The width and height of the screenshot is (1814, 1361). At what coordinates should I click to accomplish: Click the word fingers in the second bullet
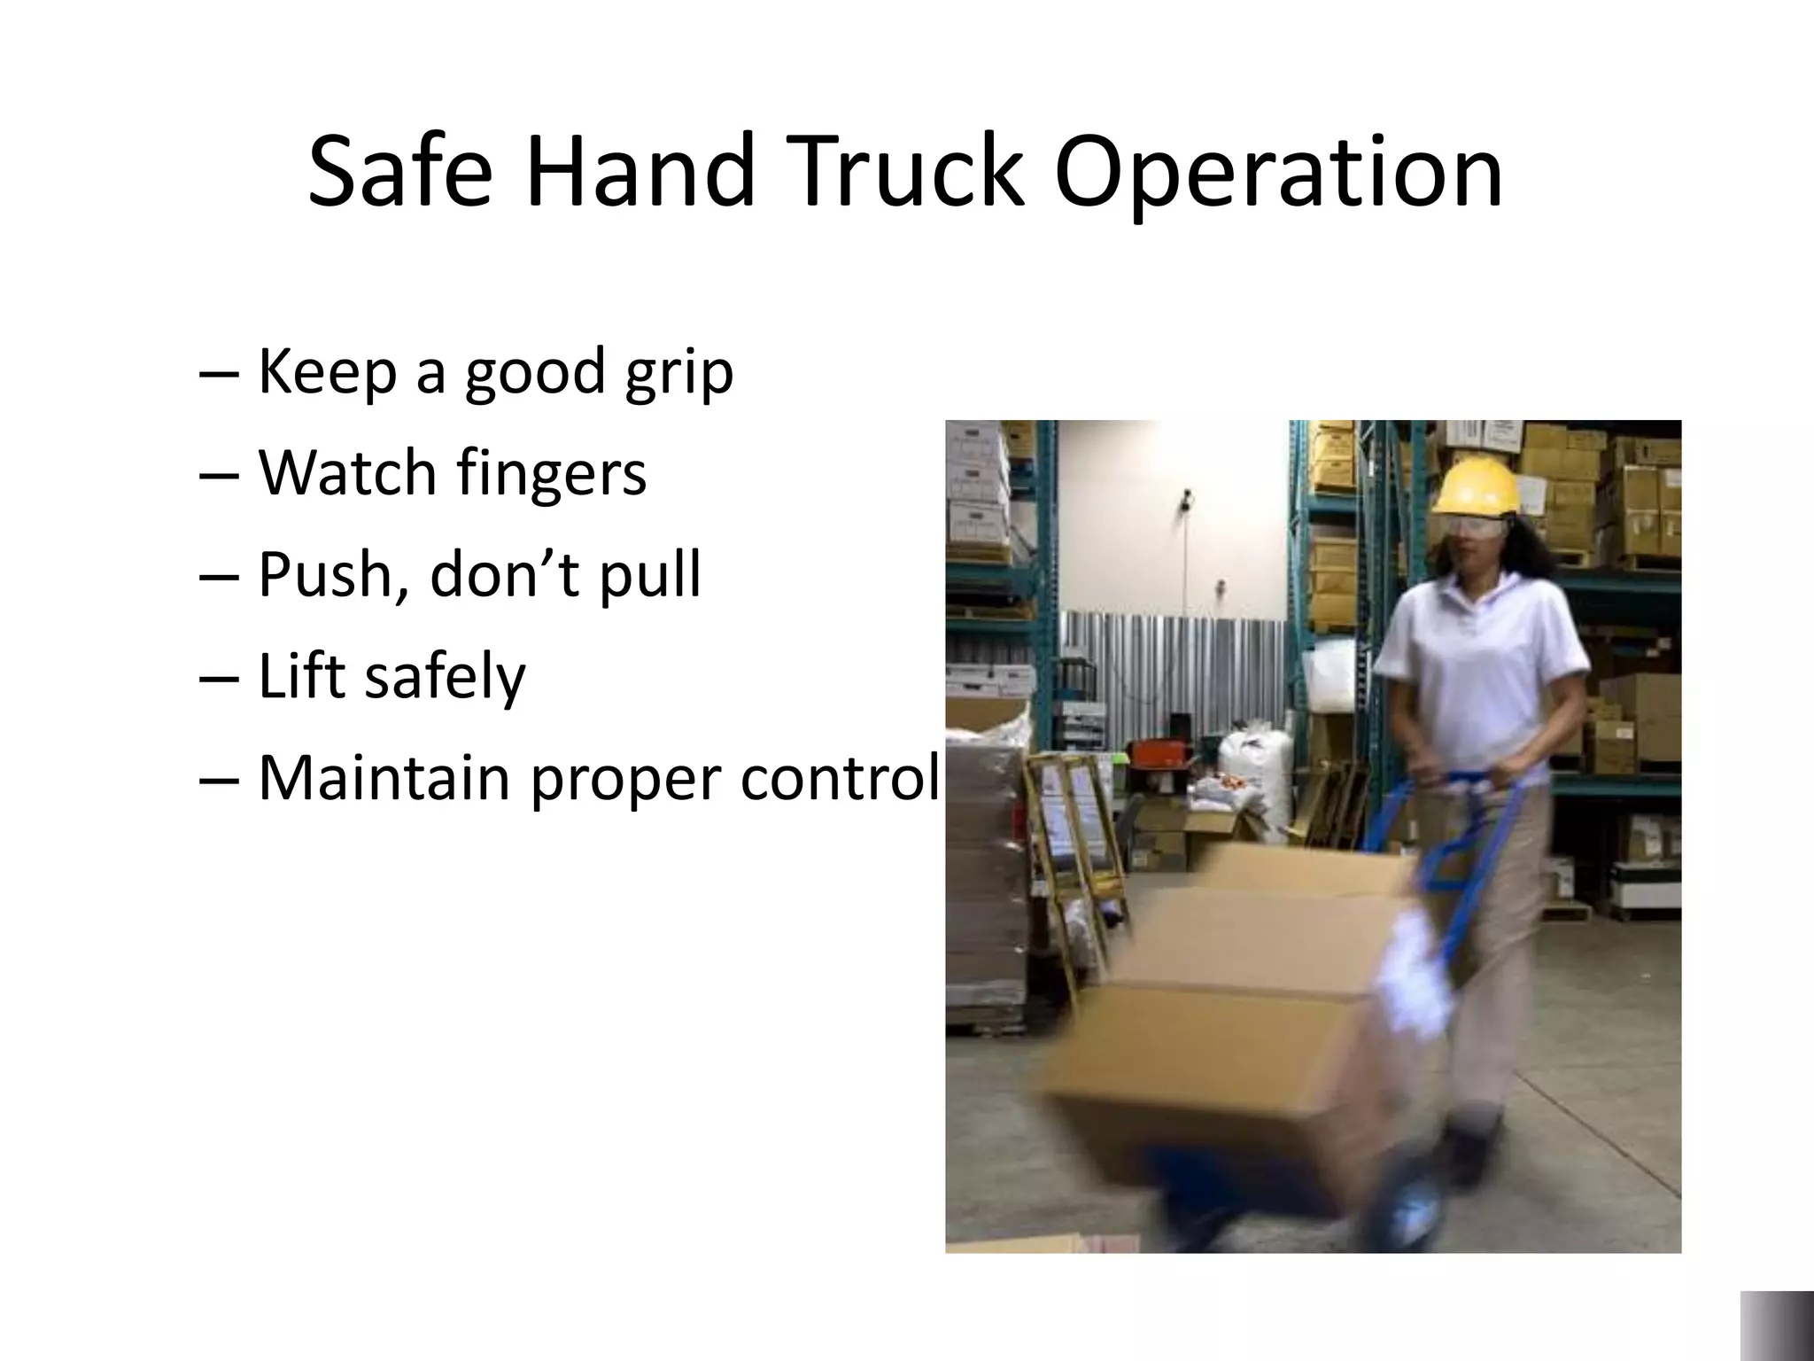point(551,473)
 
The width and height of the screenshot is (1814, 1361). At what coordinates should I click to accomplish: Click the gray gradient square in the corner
point(1777,1326)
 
